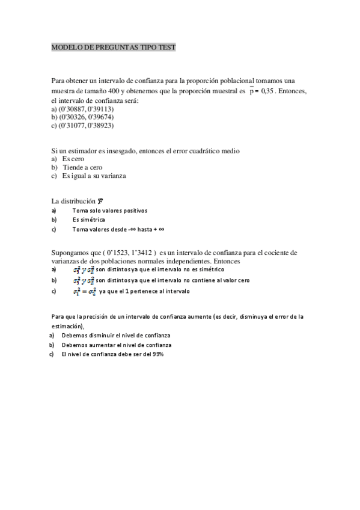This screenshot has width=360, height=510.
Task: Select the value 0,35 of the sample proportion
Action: (x=273, y=91)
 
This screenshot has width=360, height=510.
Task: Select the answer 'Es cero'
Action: (x=73, y=159)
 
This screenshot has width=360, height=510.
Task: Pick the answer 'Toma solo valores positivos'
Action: (x=109, y=211)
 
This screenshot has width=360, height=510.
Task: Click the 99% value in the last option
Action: (x=157, y=354)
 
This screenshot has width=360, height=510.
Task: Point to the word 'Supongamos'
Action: (x=70, y=253)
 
